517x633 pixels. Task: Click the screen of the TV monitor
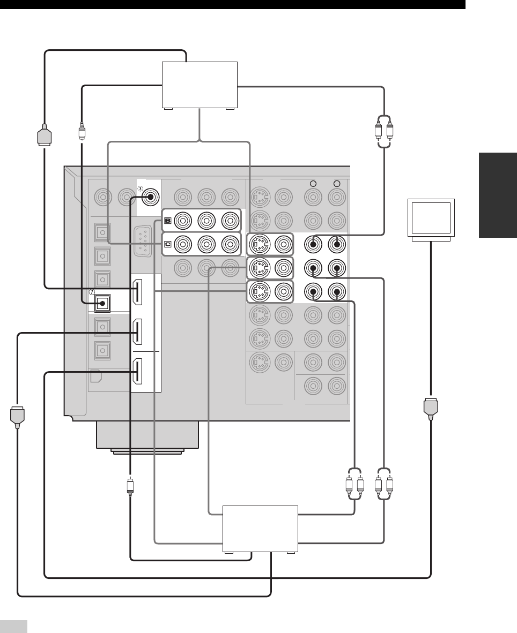[x=431, y=217]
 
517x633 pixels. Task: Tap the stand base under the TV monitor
[x=431, y=239]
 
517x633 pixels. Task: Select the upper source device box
[x=200, y=85]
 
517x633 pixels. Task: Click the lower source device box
[x=260, y=529]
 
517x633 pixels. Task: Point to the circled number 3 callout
[x=141, y=188]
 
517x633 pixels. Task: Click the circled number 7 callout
[x=92, y=291]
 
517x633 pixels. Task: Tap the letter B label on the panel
[x=168, y=221]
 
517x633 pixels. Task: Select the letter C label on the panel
[x=168, y=244]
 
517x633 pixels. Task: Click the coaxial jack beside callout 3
[x=150, y=197]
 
